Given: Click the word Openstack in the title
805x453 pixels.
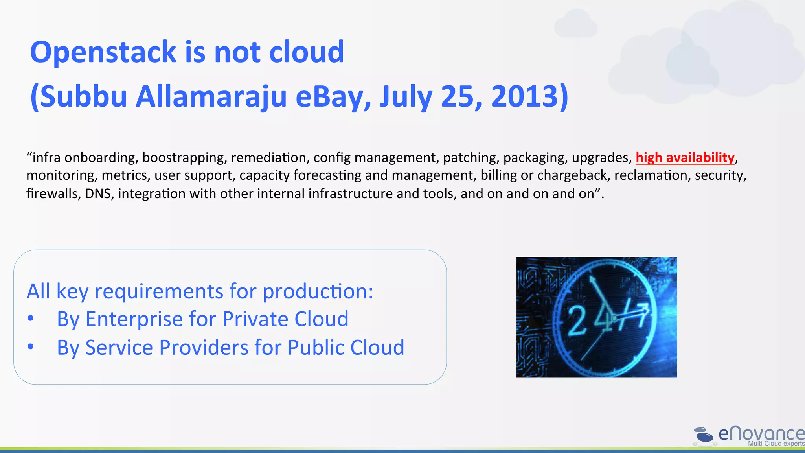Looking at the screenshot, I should [x=103, y=52].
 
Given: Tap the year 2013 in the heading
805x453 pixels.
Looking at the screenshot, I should [x=525, y=97].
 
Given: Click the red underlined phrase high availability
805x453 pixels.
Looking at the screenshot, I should [x=685, y=157].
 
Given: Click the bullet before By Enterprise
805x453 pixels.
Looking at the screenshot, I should [x=31, y=319].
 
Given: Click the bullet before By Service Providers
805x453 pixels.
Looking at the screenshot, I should [x=31, y=347].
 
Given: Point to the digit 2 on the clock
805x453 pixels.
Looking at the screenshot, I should [x=577, y=320].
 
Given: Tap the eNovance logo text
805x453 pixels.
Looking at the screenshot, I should [x=761, y=433].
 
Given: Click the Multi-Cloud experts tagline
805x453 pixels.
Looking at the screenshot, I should [x=776, y=444].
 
